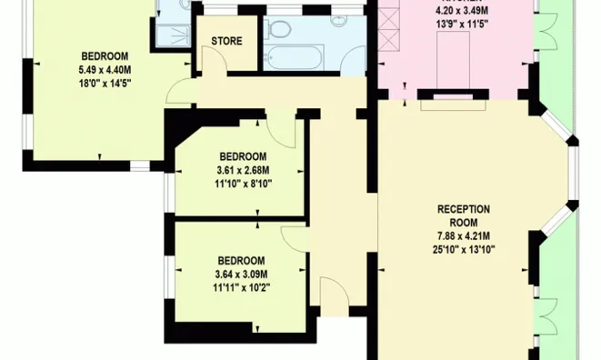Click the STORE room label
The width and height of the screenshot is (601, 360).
(226, 42)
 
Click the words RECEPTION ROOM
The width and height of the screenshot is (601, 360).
(464, 215)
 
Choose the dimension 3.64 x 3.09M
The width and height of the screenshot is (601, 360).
(243, 275)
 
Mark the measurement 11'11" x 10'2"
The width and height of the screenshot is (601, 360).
(243, 287)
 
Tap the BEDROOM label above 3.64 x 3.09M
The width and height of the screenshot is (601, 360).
(242, 260)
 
